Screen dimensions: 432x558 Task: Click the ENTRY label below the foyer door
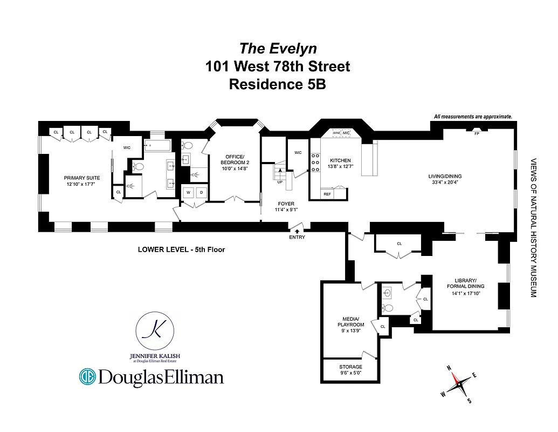(297, 237)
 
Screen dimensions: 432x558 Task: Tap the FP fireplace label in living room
(477, 133)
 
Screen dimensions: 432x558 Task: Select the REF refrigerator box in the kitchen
(327, 193)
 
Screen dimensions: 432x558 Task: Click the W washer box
(189, 192)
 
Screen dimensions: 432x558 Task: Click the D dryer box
(201, 192)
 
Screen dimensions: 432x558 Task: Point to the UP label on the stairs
(280, 182)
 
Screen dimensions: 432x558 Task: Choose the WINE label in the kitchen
(336, 133)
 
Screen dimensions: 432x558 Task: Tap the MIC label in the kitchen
(346, 133)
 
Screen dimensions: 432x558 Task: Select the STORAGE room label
(350, 367)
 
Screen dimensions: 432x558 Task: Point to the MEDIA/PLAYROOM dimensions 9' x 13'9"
(350, 331)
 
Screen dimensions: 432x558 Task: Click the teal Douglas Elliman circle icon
(87, 376)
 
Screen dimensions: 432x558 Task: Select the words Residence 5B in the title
(278, 85)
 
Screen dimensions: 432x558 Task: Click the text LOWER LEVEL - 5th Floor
(181, 249)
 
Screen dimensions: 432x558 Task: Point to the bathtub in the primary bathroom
(157, 145)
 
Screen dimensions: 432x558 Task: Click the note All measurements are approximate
(473, 117)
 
